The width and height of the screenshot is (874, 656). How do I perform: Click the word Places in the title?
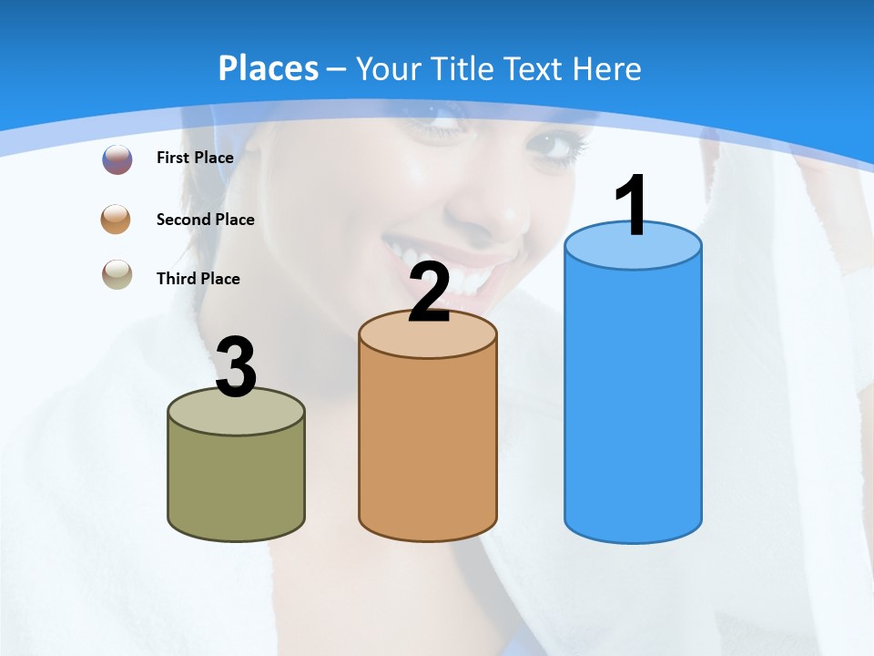[x=269, y=68]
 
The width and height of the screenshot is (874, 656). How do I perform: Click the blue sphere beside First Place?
[x=117, y=159]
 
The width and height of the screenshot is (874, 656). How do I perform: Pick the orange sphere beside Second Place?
[x=117, y=220]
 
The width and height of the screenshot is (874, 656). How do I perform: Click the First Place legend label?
[x=195, y=158]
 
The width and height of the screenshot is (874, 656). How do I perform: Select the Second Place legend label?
[x=205, y=220]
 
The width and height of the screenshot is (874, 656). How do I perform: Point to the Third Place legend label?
[x=198, y=279]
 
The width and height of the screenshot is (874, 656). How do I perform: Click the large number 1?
[x=632, y=206]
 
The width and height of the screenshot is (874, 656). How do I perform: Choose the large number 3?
[x=237, y=367]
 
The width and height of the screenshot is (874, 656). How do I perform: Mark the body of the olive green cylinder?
[x=237, y=483]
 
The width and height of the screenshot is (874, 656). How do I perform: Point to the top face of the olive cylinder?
[x=237, y=415]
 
